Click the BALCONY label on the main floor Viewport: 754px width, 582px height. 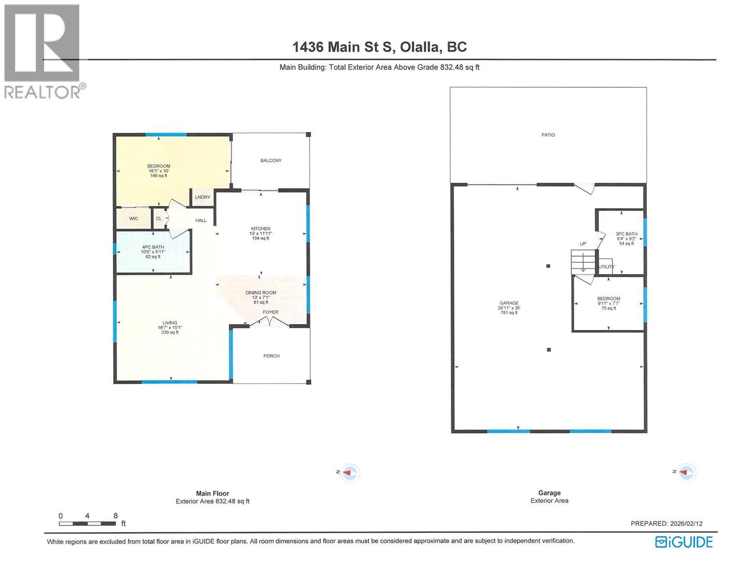(x=271, y=161)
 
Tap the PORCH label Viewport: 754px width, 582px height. (x=271, y=356)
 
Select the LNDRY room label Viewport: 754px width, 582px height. (x=202, y=198)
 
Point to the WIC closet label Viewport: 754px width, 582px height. (x=134, y=219)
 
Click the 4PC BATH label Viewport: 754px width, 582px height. (x=153, y=247)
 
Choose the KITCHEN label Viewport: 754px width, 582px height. (x=261, y=229)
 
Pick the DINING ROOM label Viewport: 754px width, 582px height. (x=261, y=293)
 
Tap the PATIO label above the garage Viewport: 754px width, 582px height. (x=548, y=135)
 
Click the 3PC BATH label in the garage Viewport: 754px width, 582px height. (x=626, y=234)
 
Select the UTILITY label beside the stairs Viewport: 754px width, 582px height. (x=606, y=267)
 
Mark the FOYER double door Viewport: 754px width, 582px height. (x=269, y=322)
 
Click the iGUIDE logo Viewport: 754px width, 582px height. (x=684, y=542)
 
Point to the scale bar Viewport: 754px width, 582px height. (x=87, y=524)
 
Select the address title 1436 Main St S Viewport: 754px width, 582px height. (x=379, y=47)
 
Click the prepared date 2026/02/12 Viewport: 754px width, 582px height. (x=667, y=524)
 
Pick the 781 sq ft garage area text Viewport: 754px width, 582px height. (x=509, y=313)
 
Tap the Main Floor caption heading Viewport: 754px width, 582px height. (x=213, y=494)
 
